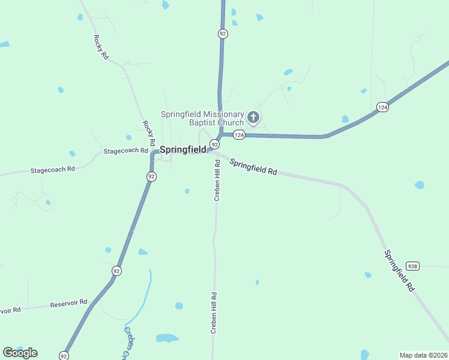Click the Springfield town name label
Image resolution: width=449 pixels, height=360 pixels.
(182, 149)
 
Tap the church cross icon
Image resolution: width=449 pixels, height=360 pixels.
(253, 117)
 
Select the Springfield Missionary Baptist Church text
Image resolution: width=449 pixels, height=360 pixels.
(202, 118)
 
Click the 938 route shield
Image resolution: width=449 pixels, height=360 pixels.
(412, 266)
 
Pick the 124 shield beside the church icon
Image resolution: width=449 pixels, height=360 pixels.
(239, 135)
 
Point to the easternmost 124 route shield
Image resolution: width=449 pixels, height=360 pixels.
(382, 107)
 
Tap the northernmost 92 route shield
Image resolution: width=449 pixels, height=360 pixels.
(223, 34)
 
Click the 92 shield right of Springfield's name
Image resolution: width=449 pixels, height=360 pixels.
(214, 145)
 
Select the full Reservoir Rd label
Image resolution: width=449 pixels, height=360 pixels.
(68, 303)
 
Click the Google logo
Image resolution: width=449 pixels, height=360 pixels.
(20, 353)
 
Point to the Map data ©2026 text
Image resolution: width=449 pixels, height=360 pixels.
(423, 355)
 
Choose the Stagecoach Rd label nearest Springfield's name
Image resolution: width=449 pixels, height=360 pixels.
(125, 151)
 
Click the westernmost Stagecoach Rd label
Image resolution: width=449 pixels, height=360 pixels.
(52, 170)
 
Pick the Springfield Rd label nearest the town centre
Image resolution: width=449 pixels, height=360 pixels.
(253, 167)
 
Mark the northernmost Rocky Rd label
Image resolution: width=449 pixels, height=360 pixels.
(100, 46)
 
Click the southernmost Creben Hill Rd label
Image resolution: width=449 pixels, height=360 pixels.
(213, 313)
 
